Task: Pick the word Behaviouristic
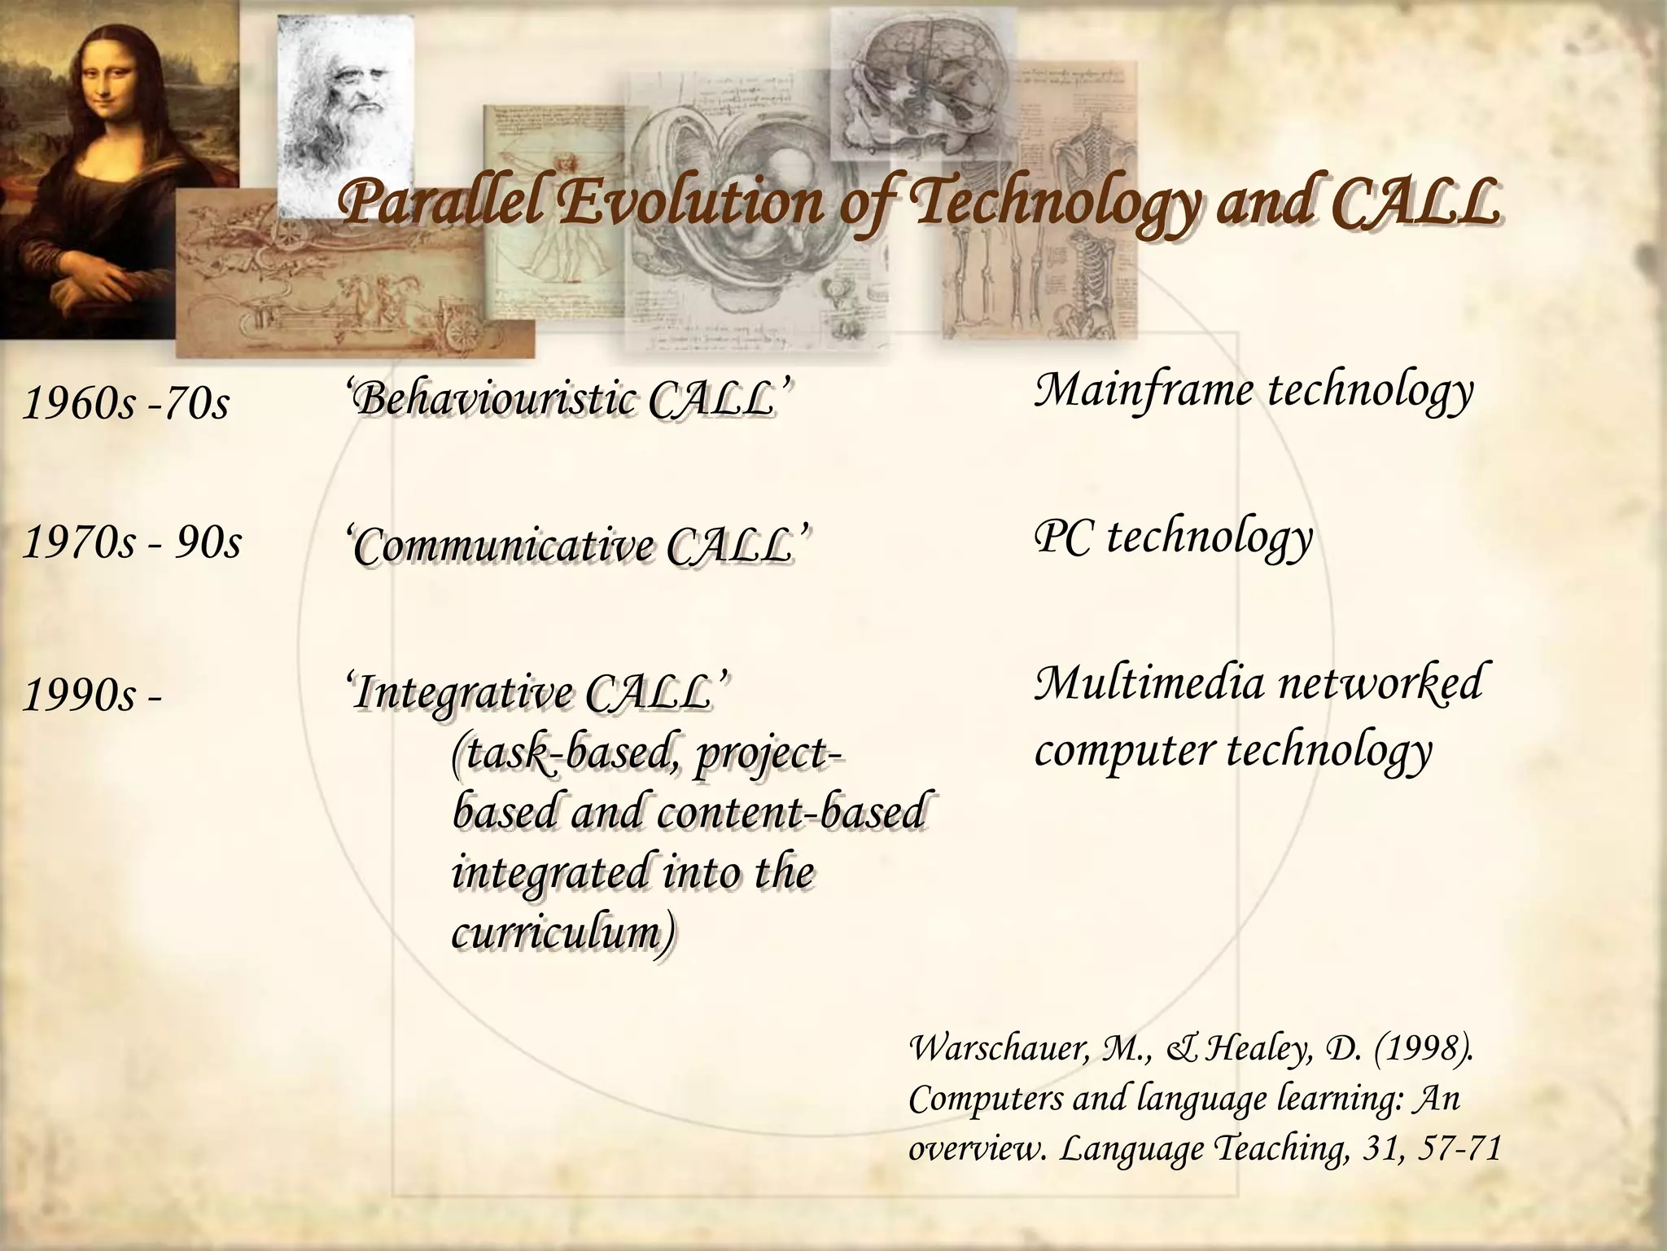(497, 401)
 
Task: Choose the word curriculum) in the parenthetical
(562, 933)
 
